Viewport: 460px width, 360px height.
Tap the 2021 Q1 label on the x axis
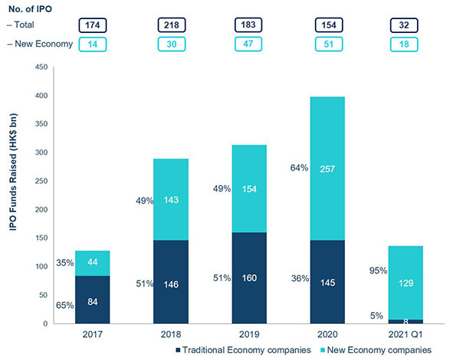coord(406,334)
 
